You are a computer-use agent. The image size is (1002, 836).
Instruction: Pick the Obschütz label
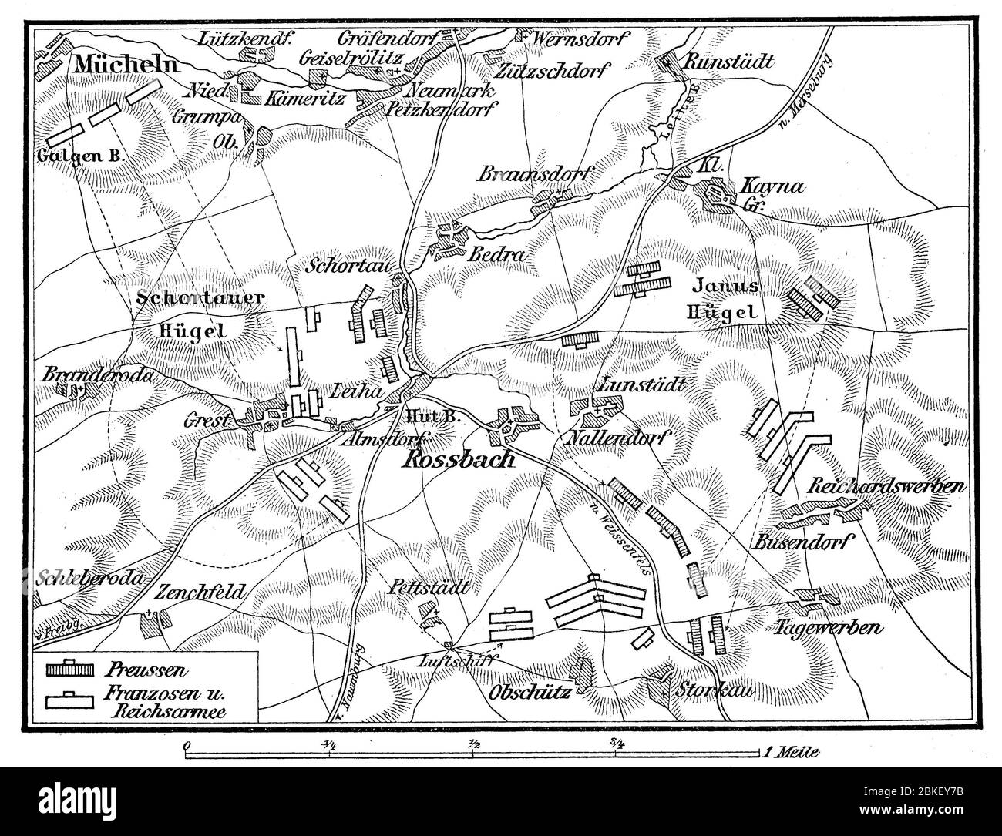click(x=530, y=691)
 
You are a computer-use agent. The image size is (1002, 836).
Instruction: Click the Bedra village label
click(x=488, y=253)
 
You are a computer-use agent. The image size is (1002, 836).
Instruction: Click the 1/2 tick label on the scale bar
click(x=472, y=744)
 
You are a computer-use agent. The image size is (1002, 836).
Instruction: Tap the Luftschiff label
click(x=446, y=660)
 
